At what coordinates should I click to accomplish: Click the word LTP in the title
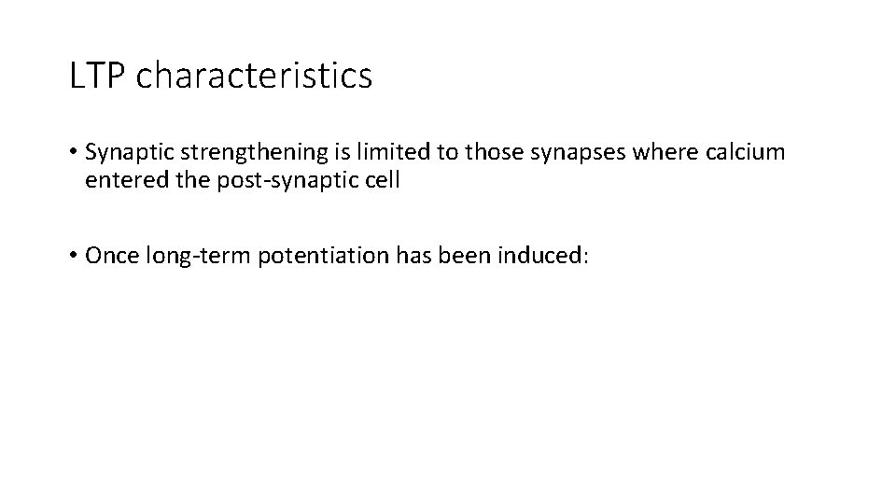coord(98,76)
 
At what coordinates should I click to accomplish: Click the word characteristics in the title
coord(254,76)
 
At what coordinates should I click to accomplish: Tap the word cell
coord(383,180)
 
